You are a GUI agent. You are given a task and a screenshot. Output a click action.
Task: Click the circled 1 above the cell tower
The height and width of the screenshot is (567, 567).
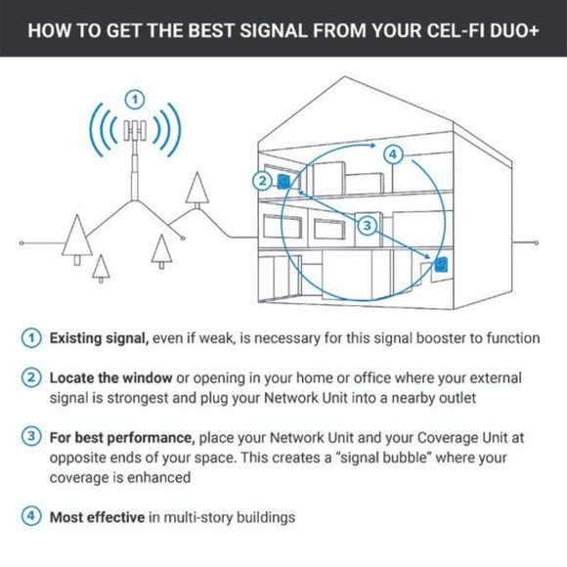[x=136, y=99]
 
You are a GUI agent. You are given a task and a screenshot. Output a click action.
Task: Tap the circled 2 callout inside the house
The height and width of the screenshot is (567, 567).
[x=261, y=180]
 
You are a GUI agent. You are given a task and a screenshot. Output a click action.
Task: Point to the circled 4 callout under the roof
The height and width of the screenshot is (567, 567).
[x=391, y=154]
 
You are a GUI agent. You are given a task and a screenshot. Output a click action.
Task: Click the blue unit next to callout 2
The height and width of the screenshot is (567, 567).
[x=283, y=182]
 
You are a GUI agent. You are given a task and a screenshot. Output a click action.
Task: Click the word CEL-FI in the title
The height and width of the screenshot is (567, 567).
[x=419, y=28]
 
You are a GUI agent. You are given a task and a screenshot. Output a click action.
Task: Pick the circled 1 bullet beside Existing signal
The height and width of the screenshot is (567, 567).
[x=32, y=338]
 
